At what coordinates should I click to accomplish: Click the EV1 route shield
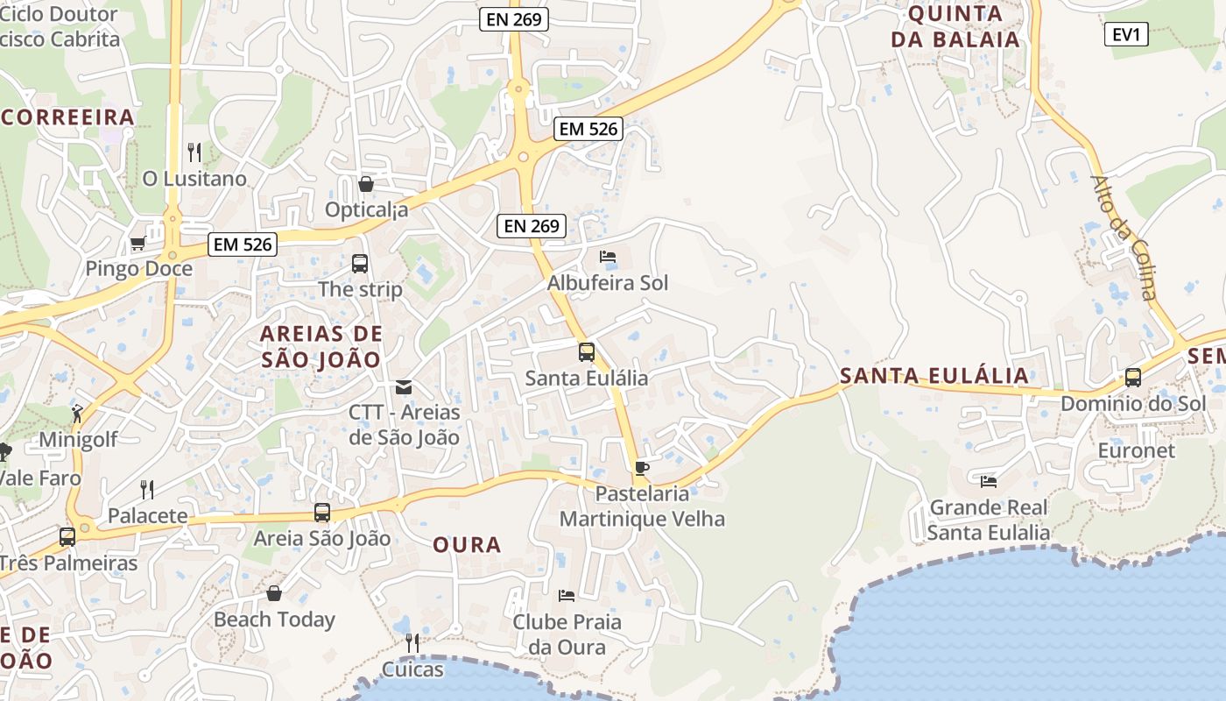click(1125, 34)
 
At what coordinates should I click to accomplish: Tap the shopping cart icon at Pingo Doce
click(137, 243)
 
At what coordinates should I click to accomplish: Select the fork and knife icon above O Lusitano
click(194, 152)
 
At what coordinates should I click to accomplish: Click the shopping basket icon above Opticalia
click(366, 184)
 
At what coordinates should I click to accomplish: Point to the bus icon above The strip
click(359, 263)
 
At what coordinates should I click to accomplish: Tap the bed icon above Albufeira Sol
click(608, 257)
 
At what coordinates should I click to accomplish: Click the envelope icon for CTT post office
click(404, 386)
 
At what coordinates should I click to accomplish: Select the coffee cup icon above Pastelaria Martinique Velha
click(642, 468)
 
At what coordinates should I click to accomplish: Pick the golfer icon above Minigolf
click(78, 413)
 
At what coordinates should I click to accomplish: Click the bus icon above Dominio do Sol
click(1132, 378)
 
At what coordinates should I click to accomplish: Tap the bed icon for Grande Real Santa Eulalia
click(989, 481)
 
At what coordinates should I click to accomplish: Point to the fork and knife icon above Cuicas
click(412, 643)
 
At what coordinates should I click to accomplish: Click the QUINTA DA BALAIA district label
click(955, 26)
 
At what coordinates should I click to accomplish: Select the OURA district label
click(467, 545)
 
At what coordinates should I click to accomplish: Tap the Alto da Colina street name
click(1124, 237)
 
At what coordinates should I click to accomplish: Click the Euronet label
click(1136, 450)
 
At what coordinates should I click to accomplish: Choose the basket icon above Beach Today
click(274, 593)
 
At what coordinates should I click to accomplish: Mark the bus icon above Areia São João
click(322, 512)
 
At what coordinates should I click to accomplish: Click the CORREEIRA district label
click(68, 117)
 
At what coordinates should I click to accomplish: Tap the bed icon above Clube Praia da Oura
click(567, 596)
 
